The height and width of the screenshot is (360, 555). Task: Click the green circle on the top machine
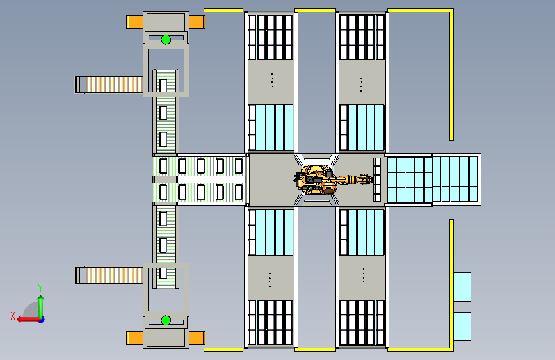click(166, 39)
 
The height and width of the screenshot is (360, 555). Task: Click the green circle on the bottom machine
click(166, 320)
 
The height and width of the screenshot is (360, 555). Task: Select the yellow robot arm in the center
click(326, 180)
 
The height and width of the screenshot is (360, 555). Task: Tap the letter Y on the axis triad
click(40, 288)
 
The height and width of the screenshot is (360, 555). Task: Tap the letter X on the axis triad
click(12, 316)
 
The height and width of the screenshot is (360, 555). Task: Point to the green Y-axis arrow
click(40, 304)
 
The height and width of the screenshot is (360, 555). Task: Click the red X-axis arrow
click(26, 318)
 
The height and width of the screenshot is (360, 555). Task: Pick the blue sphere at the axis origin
click(40, 318)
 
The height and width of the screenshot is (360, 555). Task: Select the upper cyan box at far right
click(462, 286)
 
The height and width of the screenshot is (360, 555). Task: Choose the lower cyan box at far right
click(462, 326)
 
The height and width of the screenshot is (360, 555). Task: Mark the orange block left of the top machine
click(134, 22)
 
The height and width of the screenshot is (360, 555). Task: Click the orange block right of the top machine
click(197, 22)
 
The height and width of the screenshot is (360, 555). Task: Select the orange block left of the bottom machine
click(134, 338)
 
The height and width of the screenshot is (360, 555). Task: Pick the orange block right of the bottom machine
click(197, 338)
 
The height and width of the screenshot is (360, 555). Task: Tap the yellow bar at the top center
click(315, 10)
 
